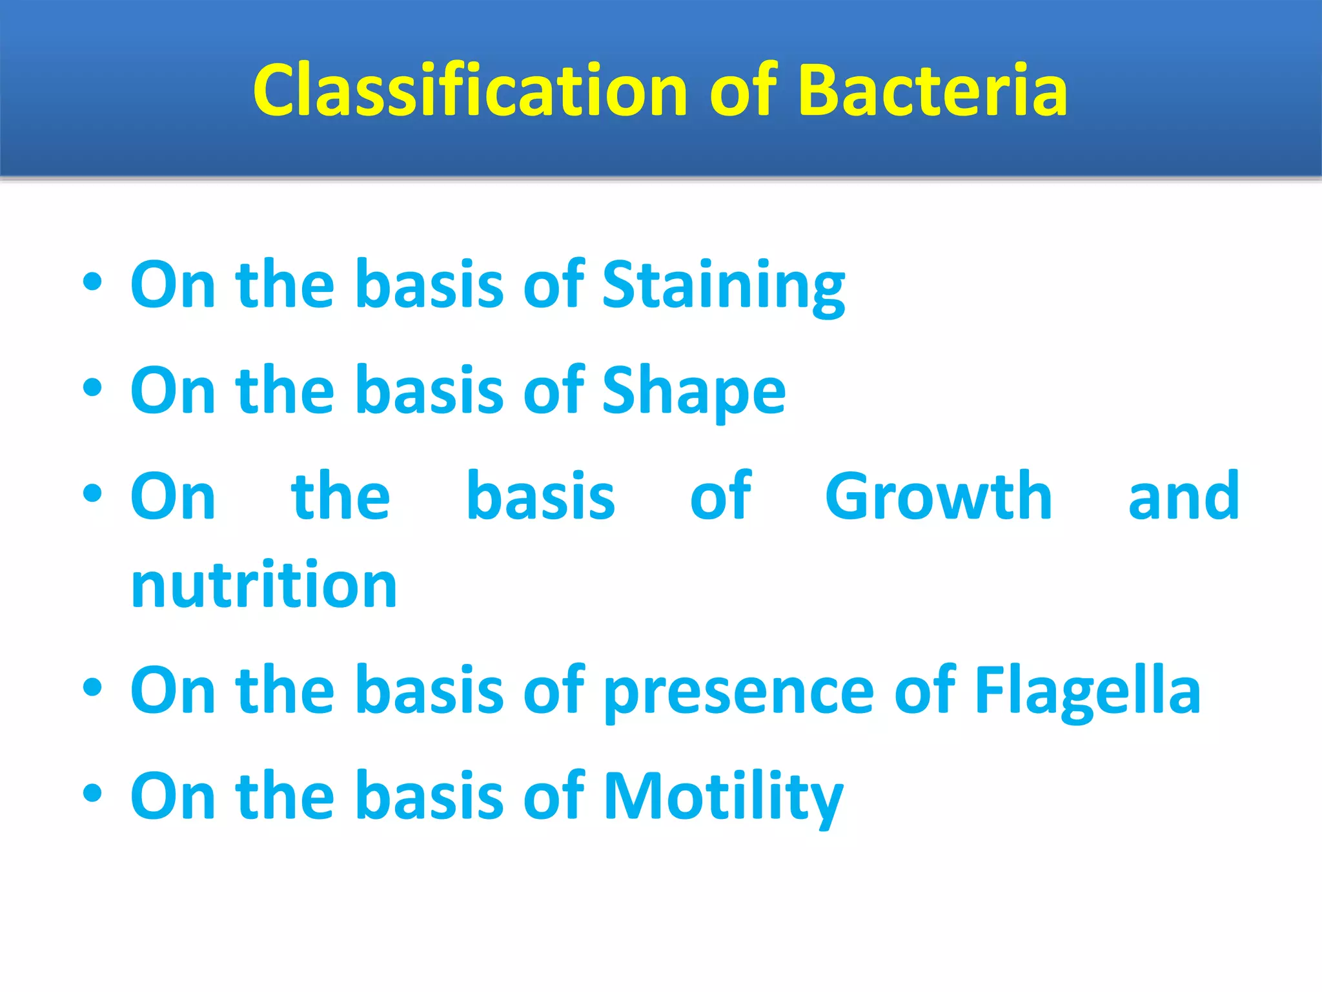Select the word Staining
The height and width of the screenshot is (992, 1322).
click(x=723, y=285)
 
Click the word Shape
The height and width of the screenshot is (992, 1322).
click(x=693, y=391)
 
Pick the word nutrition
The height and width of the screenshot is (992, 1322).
click(x=263, y=585)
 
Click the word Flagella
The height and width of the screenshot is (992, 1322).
click(x=1087, y=691)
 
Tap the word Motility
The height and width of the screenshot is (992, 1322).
click(x=723, y=797)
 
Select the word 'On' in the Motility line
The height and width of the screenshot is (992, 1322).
click(x=172, y=797)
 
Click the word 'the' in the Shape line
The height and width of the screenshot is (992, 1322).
click(x=285, y=391)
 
